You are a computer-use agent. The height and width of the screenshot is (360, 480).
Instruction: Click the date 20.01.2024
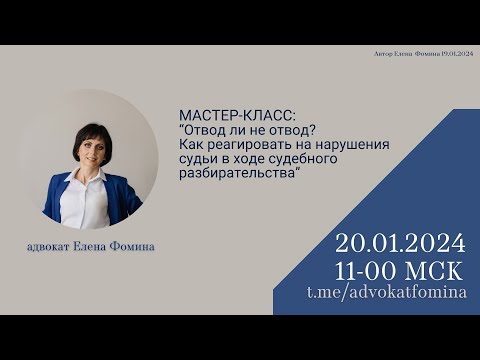click(x=400, y=243)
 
